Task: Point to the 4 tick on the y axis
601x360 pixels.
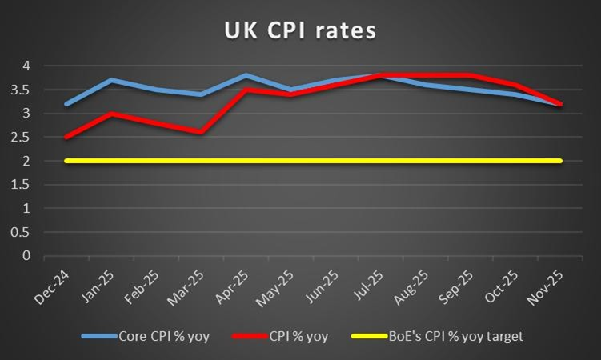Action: point(26,66)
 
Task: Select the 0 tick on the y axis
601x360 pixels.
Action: point(26,256)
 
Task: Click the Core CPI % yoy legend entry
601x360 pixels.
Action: point(146,336)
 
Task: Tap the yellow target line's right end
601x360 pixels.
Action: point(559,161)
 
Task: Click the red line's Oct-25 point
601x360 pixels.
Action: point(515,85)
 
